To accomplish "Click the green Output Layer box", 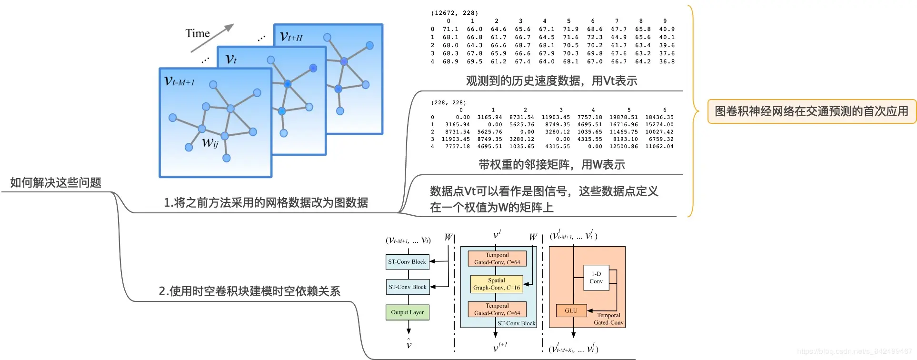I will pyautogui.click(x=407, y=312).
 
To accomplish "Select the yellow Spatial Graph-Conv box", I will pyautogui.click(x=496, y=284).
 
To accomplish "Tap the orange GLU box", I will pyautogui.click(x=571, y=310).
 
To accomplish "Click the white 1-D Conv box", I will pyautogui.click(x=596, y=278).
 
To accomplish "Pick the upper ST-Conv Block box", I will pyautogui.click(x=407, y=261).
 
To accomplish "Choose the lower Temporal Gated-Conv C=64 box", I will pyautogui.click(x=497, y=310).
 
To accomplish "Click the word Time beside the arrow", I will pyautogui.click(x=197, y=33).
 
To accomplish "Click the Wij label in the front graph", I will pyautogui.click(x=210, y=142).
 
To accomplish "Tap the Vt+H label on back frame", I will pyautogui.click(x=291, y=36).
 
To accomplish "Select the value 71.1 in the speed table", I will pyautogui.click(x=450, y=29).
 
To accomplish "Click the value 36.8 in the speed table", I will pyautogui.click(x=667, y=61).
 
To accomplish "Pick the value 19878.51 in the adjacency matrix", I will pyautogui.click(x=624, y=117).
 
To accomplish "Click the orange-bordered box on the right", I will pyautogui.click(x=811, y=111).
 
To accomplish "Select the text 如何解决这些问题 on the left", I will pyautogui.click(x=56, y=182).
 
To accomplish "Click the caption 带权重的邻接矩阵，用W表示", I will pyautogui.click(x=551, y=165).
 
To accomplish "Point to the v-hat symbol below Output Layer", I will pyautogui.click(x=409, y=344).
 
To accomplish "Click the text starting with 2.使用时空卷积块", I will pyautogui.click(x=249, y=291).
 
